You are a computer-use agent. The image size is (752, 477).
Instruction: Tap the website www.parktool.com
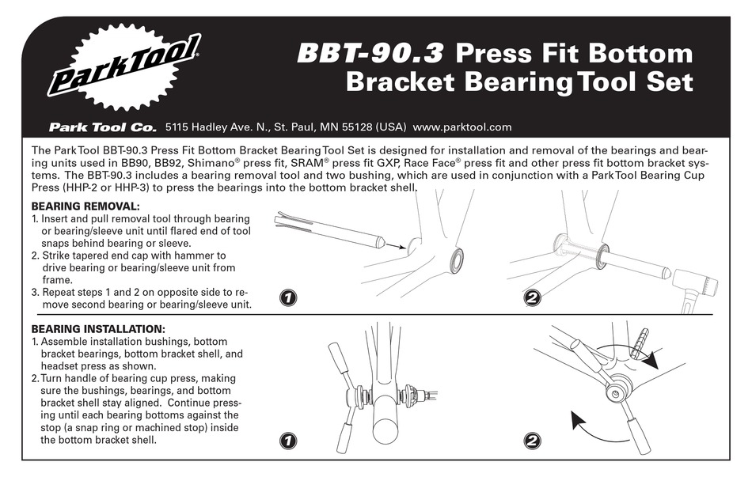(x=462, y=127)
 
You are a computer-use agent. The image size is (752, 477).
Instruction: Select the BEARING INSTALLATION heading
(x=98, y=328)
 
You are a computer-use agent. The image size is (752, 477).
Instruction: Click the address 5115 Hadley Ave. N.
(x=216, y=127)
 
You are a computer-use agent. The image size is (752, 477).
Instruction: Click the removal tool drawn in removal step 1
(x=329, y=230)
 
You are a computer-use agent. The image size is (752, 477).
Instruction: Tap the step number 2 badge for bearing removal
(x=532, y=298)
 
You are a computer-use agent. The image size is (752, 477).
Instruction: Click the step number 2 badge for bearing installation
(x=532, y=441)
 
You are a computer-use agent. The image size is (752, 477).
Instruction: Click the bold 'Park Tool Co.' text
(x=102, y=127)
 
